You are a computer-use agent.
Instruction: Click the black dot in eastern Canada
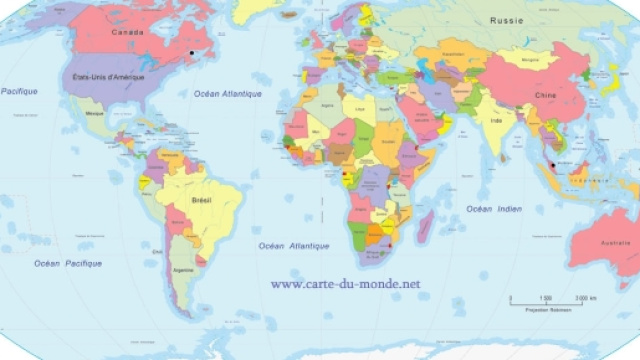[x=192, y=51]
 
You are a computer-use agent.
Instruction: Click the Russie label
[x=507, y=21]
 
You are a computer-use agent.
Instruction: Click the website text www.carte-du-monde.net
[x=345, y=284]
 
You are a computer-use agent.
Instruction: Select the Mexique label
[x=95, y=115]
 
